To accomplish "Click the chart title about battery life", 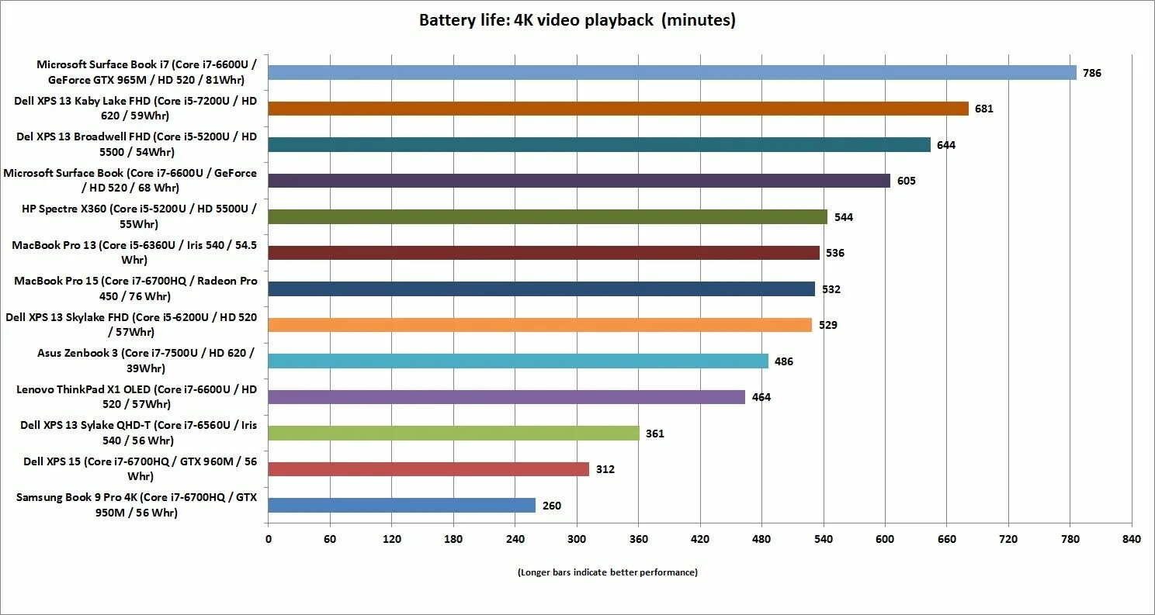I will click(x=577, y=21).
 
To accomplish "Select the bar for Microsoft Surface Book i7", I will click(x=672, y=73).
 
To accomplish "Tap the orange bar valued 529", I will click(x=540, y=325).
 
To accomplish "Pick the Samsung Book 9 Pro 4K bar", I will click(x=402, y=506).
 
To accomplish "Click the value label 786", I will click(x=1092, y=74).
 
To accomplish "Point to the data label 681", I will click(x=984, y=109).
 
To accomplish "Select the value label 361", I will click(x=654, y=434).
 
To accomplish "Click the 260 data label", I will click(x=551, y=506).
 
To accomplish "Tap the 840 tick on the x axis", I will click(x=1132, y=539).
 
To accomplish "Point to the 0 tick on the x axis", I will click(x=269, y=539).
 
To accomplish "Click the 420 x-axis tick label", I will click(x=700, y=539).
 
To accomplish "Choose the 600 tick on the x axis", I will click(x=885, y=539).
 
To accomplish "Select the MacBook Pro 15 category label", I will click(x=136, y=288).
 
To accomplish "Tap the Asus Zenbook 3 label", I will click(x=146, y=361).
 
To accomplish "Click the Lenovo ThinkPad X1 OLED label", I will click(x=137, y=396).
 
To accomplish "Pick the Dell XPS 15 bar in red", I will click(x=428, y=469).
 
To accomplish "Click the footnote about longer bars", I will click(x=607, y=572).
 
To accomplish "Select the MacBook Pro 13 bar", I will click(x=543, y=253).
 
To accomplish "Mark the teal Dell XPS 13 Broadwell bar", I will click(x=599, y=145).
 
